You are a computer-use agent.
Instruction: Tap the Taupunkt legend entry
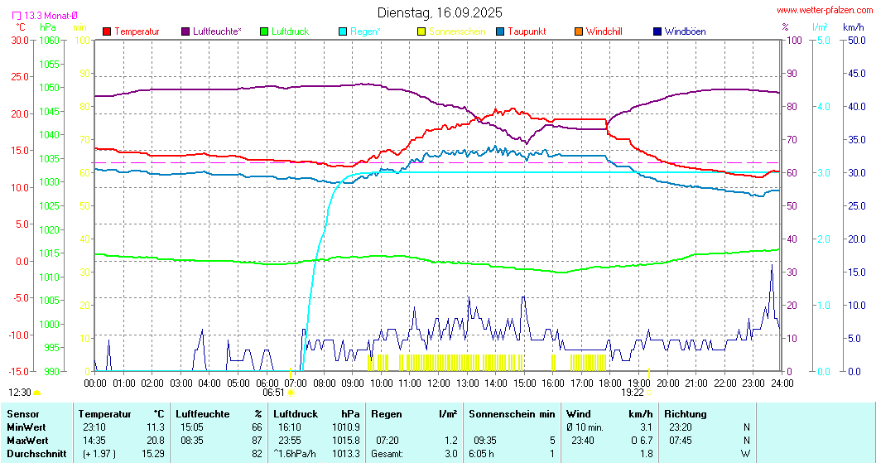click(x=525, y=31)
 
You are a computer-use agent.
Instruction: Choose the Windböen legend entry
click(x=685, y=31)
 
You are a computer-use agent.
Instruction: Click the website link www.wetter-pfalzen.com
click(x=823, y=10)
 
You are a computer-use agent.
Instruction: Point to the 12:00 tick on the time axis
click(x=439, y=383)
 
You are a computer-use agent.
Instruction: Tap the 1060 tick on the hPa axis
click(x=50, y=40)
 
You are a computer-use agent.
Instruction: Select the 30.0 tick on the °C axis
click(x=20, y=40)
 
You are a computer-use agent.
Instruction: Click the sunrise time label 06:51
click(x=273, y=393)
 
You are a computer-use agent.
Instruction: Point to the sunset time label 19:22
click(x=632, y=393)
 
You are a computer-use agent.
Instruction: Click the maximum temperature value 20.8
click(x=154, y=439)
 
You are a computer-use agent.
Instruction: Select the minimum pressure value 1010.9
click(x=344, y=426)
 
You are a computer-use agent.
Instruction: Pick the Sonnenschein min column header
click(x=512, y=412)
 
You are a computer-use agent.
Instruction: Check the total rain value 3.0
click(x=450, y=453)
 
